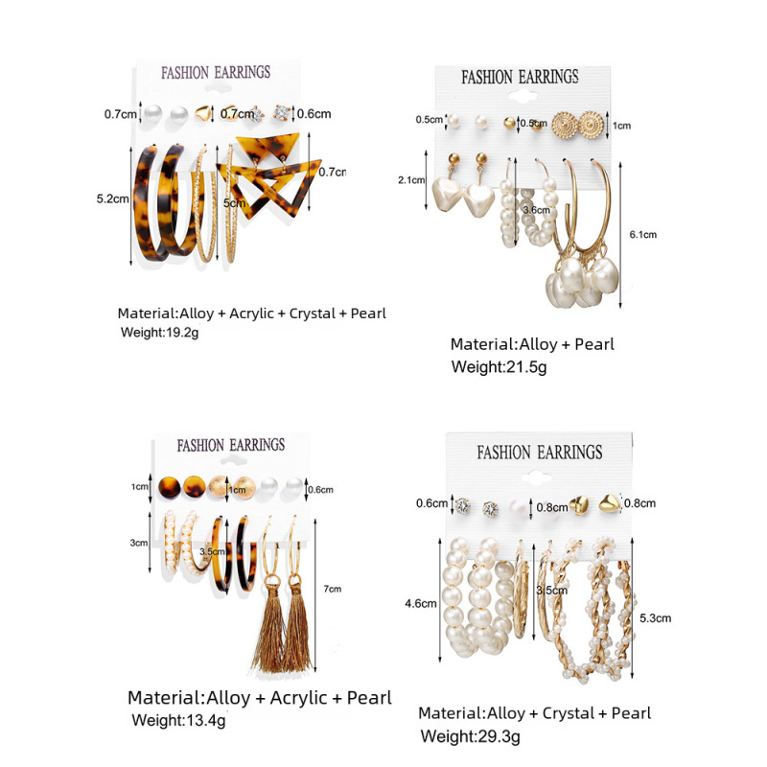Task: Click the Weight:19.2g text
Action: (x=158, y=333)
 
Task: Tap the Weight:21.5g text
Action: (x=499, y=367)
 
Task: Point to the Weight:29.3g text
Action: (x=471, y=736)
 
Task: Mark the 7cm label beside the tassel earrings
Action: (x=334, y=588)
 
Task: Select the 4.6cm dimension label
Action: (x=421, y=604)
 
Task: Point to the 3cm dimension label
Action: (x=140, y=543)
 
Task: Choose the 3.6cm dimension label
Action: (x=536, y=209)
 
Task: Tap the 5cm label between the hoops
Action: (x=229, y=203)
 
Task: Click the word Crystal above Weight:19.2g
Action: (x=305, y=314)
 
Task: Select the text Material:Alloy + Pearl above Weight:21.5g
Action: (x=532, y=343)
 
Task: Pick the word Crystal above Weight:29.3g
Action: (x=569, y=713)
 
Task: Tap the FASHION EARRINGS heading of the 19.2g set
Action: (x=216, y=72)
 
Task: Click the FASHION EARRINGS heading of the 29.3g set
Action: (x=540, y=452)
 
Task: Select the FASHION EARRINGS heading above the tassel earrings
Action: (x=231, y=445)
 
